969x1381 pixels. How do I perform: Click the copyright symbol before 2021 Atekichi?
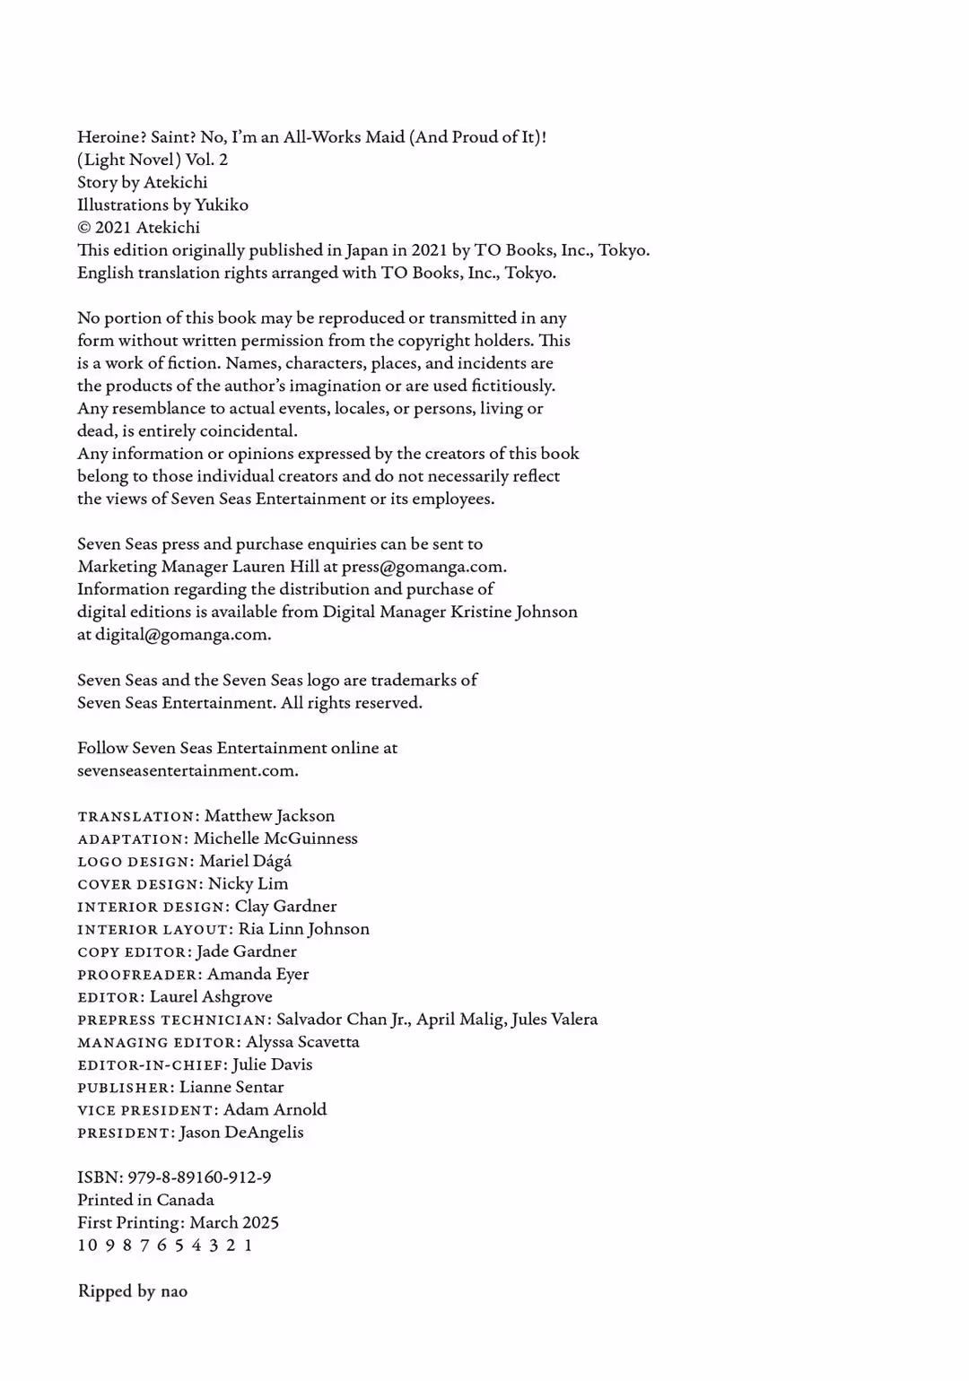pyautogui.click(x=84, y=228)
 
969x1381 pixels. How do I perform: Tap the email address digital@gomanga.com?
pyautogui.click(x=181, y=635)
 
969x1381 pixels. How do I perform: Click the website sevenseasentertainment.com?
pyautogui.click(x=187, y=770)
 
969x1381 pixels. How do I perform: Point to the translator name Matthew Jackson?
pyautogui.click(x=269, y=816)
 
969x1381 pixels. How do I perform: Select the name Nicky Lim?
pyautogui.click(x=248, y=883)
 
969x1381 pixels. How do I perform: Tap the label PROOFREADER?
pyautogui.click(x=137, y=975)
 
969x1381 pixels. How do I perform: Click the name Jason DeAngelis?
pyautogui.click(x=241, y=1133)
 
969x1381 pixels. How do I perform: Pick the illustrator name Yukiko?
pyautogui.click(x=222, y=205)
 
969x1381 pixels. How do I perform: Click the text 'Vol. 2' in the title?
pyautogui.click(x=206, y=160)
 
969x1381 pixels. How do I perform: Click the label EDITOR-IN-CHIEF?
pyautogui.click(x=151, y=1065)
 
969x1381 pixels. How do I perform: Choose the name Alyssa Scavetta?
pyautogui.click(x=302, y=1042)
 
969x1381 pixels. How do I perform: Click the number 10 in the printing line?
pyautogui.click(x=87, y=1246)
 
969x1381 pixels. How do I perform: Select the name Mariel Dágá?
pyautogui.click(x=245, y=861)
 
